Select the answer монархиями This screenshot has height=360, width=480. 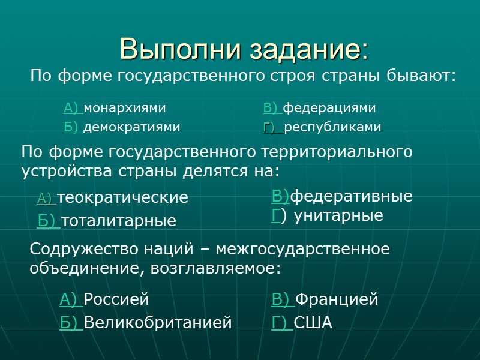(125, 108)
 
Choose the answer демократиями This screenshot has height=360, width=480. (132, 127)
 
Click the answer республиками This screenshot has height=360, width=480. (333, 127)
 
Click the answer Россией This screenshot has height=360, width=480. (116, 299)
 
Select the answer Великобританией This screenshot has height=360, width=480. (158, 323)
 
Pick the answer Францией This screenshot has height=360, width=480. (337, 299)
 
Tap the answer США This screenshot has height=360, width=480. (313, 323)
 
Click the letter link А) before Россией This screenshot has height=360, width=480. (71, 299)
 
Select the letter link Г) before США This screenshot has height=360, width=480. (282, 323)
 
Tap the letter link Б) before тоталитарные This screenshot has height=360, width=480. (49, 221)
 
